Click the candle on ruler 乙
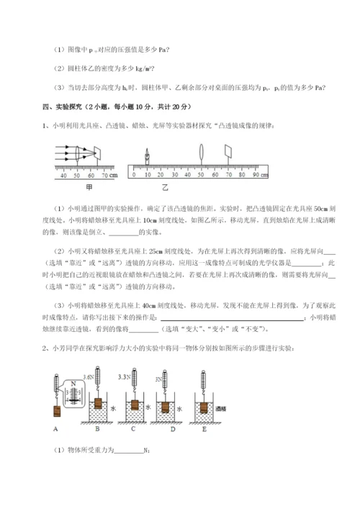[148, 156]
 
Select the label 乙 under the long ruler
[165, 186]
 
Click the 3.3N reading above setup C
[124, 377]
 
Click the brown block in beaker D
[164, 409]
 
